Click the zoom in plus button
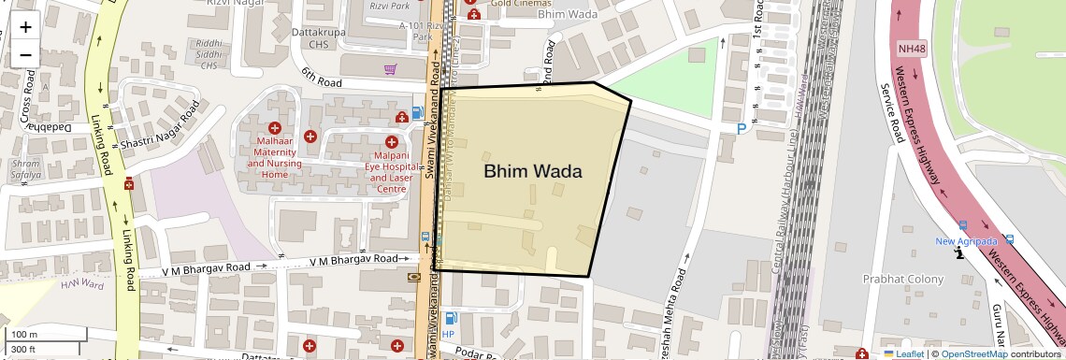click(25, 26)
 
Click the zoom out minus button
click(25, 54)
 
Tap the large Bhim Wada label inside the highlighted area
click(532, 171)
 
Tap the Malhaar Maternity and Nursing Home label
click(274, 157)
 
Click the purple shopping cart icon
click(390, 69)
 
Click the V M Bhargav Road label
click(206, 267)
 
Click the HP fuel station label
click(448, 334)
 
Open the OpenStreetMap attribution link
click(973, 353)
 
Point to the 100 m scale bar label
click(24, 335)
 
